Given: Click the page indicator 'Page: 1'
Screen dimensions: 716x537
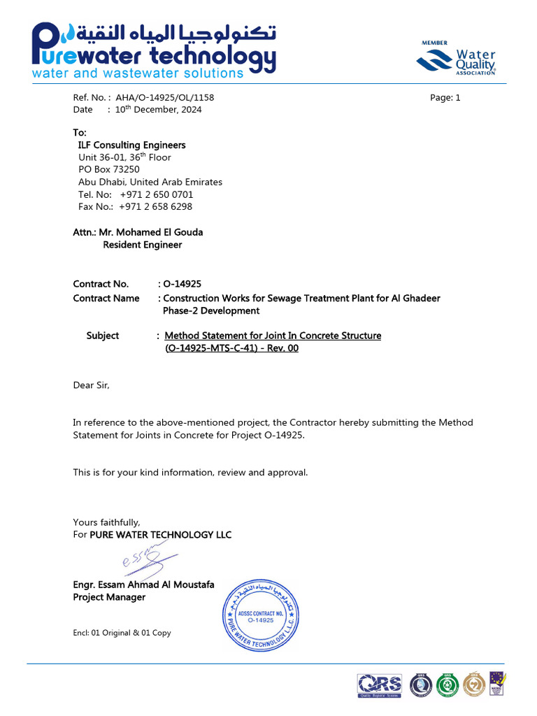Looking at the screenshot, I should (445, 98).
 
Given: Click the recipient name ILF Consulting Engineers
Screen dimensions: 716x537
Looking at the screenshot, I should (131, 145).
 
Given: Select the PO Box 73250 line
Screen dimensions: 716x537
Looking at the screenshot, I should (109, 169).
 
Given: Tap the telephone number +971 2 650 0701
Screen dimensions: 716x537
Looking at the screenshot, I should (157, 194).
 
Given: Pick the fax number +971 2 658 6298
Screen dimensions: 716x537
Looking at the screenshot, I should (155, 207).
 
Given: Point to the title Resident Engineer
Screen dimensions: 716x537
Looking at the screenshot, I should (143, 245).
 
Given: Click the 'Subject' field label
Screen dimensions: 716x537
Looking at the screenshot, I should (103, 336).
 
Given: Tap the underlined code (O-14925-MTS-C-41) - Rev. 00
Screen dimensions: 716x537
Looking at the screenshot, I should (231, 348).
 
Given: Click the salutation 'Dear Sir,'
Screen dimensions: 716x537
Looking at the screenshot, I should (92, 385).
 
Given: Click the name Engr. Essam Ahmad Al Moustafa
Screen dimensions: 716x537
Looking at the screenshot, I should (144, 585).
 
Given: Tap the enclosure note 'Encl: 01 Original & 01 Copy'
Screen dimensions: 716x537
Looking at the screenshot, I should (122, 633).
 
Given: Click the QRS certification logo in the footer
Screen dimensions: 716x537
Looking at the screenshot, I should (380, 685).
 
